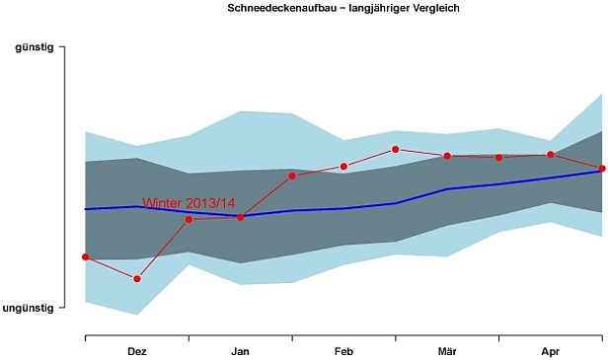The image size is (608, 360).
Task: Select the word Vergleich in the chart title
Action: point(431,8)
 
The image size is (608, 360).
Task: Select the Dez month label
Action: point(137,351)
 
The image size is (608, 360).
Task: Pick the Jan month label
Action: point(241,351)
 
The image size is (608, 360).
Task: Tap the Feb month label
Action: point(343,351)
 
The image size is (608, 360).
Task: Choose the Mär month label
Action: point(447,351)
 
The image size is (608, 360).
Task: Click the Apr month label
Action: point(550,351)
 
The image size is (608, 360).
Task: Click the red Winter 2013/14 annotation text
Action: point(190,203)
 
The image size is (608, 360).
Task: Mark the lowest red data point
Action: point(137,279)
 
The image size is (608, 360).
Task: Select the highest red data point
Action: point(396,149)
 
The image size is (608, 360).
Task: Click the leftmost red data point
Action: point(86,256)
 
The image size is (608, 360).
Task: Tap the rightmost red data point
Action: point(602,169)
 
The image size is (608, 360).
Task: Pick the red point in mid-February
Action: point(343,167)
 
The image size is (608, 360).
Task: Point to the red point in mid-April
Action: point(550,154)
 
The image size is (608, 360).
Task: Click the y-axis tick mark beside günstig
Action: point(62,46)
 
